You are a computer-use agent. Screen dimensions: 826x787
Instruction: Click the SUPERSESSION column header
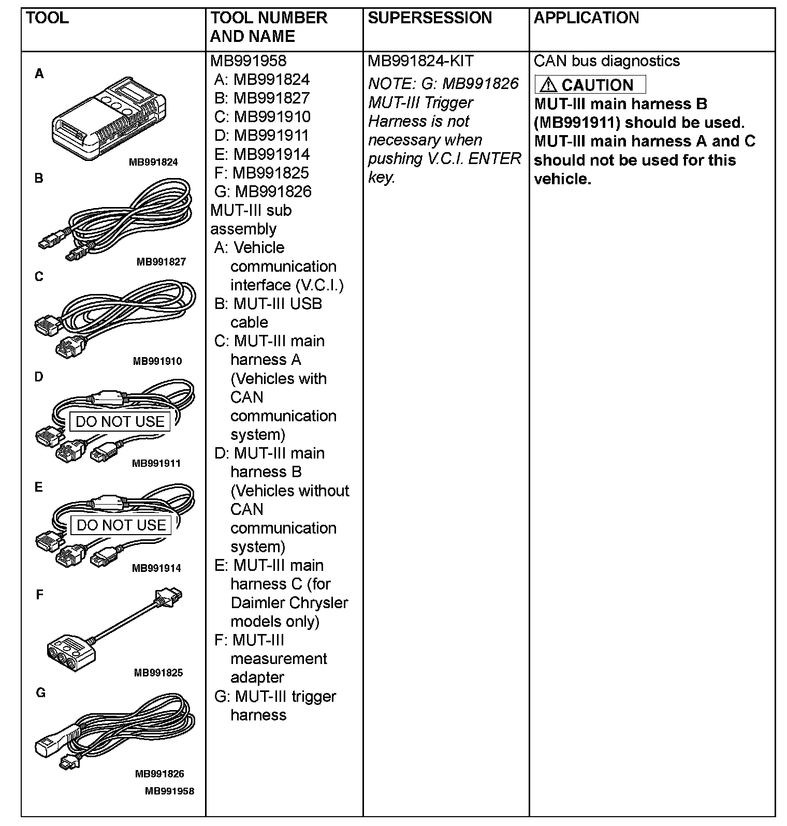[429, 18]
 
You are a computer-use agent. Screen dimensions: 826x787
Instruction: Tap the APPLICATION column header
[586, 18]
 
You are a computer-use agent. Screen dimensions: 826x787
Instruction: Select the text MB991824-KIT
[420, 61]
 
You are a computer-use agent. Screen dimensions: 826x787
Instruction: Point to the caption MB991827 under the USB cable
[161, 262]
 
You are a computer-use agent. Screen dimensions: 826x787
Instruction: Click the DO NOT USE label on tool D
[120, 422]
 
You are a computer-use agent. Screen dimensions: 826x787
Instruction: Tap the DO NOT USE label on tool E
[121, 525]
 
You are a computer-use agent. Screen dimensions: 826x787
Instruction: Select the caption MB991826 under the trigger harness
[159, 774]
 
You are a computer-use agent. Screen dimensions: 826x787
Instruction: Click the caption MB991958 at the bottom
[169, 791]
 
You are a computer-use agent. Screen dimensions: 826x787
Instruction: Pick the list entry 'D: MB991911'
[261, 136]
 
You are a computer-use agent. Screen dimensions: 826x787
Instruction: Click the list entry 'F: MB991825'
[261, 173]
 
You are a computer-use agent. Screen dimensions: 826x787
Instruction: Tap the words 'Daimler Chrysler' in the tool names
[289, 603]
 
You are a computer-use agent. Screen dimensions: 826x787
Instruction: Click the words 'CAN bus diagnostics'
[606, 61]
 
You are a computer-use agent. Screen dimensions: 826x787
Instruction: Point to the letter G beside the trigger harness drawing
[40, 692]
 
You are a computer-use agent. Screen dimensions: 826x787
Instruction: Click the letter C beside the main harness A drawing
[39, 277]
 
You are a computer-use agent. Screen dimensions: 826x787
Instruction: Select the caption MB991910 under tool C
[157, 361]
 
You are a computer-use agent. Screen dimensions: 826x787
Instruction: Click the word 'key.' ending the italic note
[382, 178]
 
